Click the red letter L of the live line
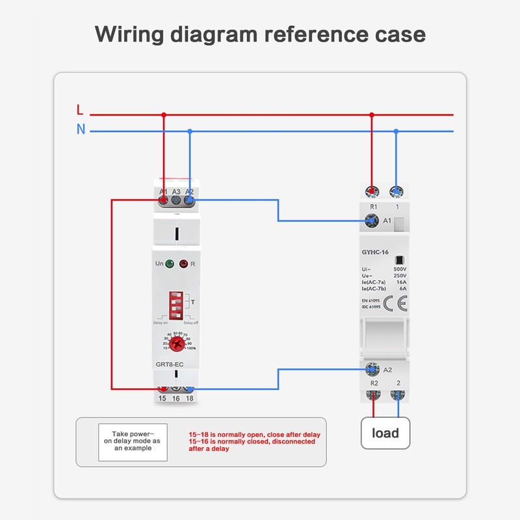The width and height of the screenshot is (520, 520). pyautogui.click(x=80, y=110)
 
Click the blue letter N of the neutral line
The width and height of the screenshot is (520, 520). pyautogui.click(x=81, y=129)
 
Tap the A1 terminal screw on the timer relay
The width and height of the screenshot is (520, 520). pyautogui.click(x=163, y=201)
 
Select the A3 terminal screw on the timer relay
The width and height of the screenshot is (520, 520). pyautogui.click(x=176, y=201)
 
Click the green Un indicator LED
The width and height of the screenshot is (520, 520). pyautogui.click(x=169, y=264)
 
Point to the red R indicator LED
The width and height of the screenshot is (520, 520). pyautogui.click(x=183, y=264)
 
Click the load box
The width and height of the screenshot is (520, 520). pyautogui.click(x=385, y=433)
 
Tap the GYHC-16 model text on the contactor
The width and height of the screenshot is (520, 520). pyautogui.click(x=374, y=252)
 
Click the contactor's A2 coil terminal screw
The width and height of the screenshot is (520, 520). pyautogui.click(x=373, y=369)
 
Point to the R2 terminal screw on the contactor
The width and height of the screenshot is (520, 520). pyautogui.click(x=374, y=395)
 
